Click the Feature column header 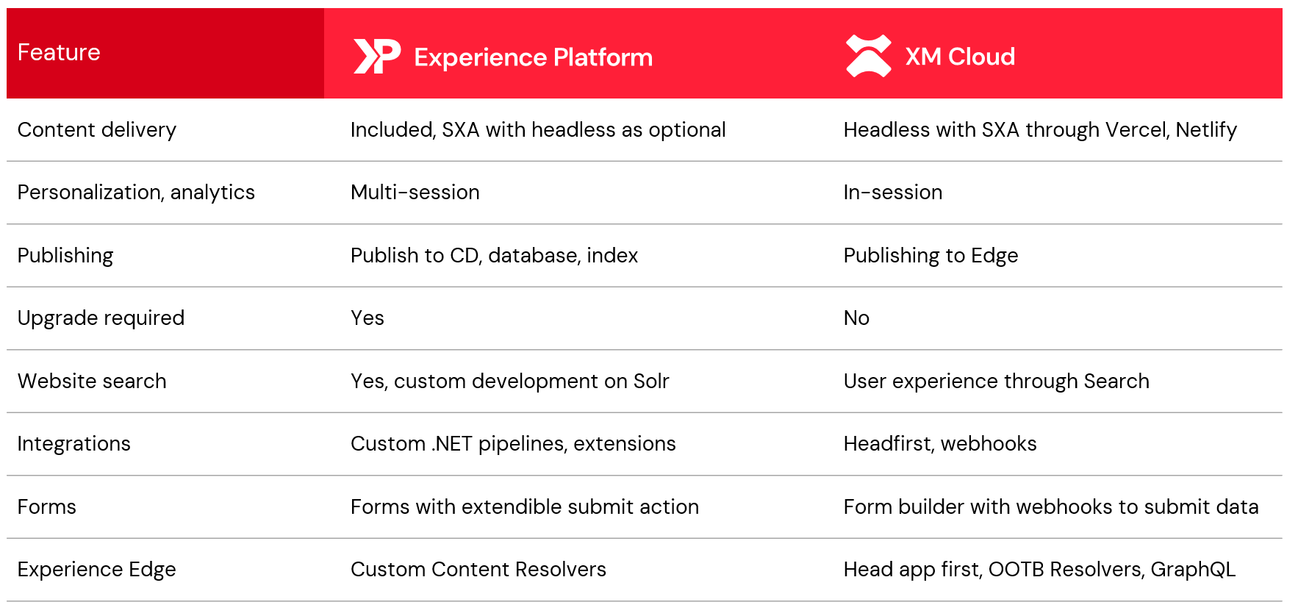[x=59, y=52]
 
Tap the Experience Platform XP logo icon [x=377, y=57]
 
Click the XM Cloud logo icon [x=868, y=56]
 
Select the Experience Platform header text [x=533, y=57]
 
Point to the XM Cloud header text [x=960, y=57]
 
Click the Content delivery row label [x=97, y=130]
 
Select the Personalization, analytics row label [x=136, y=193]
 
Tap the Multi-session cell [x=415, y=193]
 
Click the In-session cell [x=893, y=193]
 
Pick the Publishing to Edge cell [x=931, y=256]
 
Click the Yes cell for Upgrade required [x=367, y=318]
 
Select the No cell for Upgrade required [x=856, y=318]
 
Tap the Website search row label [x=92, y=381]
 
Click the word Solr [x=651, y=381]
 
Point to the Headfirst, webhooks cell [x=940, y=444]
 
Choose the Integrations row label [x=74, y=444]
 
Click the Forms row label [x=47, y=507]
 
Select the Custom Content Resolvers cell [x=478, y=570]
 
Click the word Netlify [x=1206, y=130]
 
